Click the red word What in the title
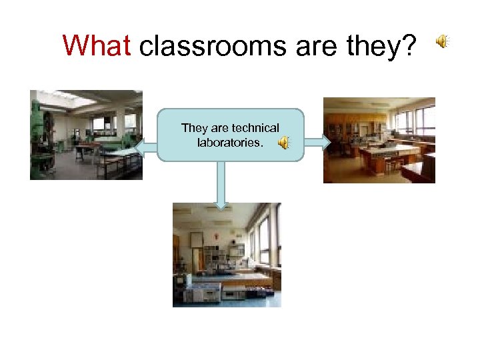(98, 46)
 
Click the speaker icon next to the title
(443, 42)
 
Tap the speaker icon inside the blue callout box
(284, 142)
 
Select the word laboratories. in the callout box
(230, 142)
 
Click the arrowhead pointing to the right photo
(325, 141)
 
